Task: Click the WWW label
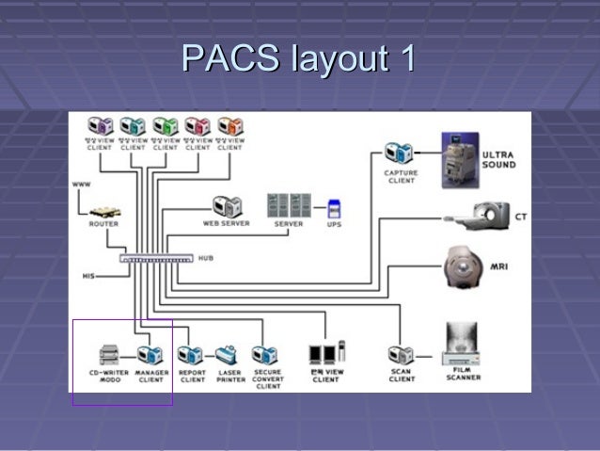(x=82, y=185)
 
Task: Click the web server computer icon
(x=226, y=206)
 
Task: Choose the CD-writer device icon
(x=110, y=355)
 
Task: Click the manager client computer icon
(x=150, y=355)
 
